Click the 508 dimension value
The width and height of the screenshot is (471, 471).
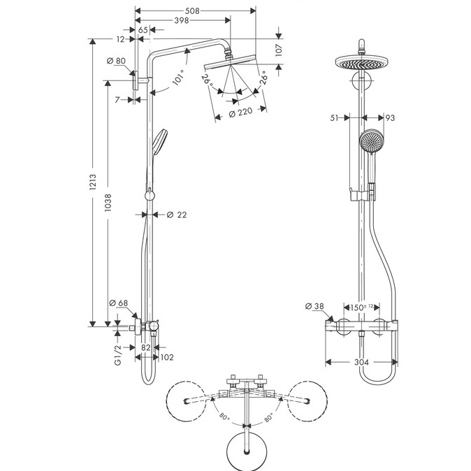192,11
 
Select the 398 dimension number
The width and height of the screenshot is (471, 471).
182,20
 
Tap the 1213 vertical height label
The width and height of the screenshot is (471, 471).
92,182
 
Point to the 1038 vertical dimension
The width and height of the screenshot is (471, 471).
108,203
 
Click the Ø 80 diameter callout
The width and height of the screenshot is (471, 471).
116,61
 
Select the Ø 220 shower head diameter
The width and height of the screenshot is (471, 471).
240,113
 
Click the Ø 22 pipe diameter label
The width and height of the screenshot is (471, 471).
177,215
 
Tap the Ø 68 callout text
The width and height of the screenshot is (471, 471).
119,303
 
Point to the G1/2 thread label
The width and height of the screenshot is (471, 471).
118,355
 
